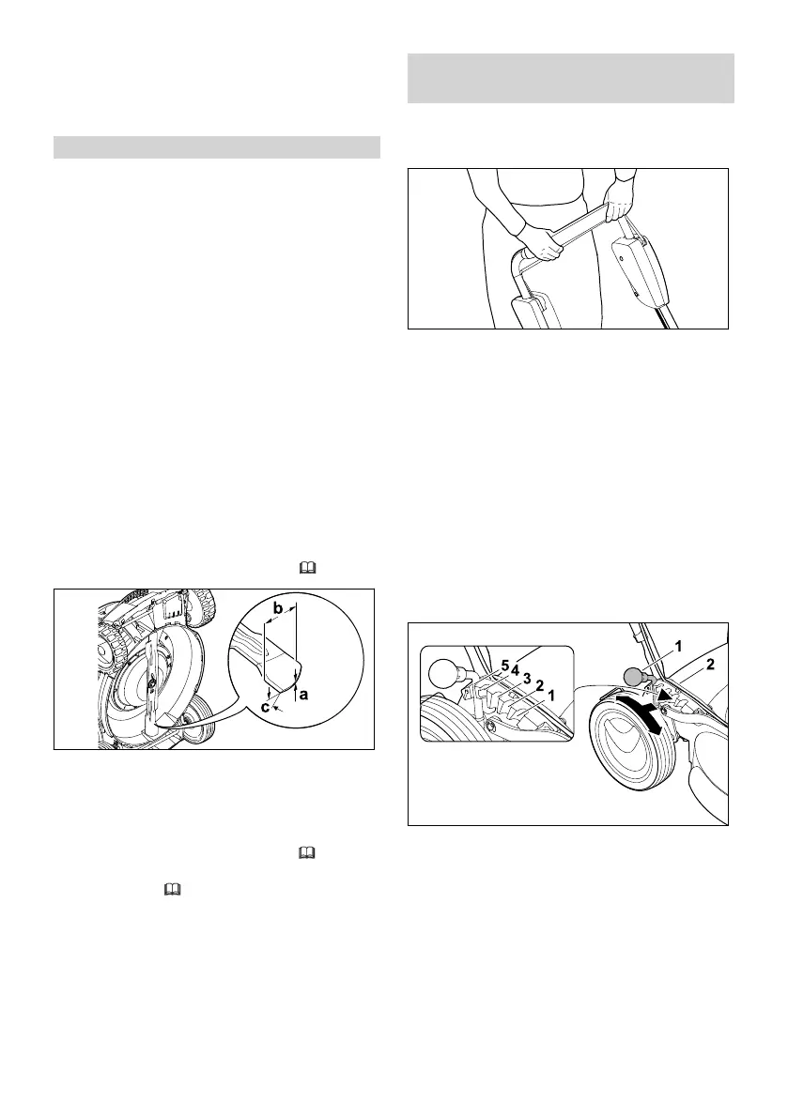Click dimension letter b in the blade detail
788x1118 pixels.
(x=278, y=608)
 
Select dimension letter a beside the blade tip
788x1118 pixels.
(x=304, y=696)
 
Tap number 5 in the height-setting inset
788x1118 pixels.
(x=504, y=666)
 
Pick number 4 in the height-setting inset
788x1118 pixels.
(x=516, y=670)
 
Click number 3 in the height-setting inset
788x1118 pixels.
(x=527, y=678)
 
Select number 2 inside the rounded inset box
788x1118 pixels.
(x=539, y=686)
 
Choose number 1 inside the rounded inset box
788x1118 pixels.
(x=551, y=696)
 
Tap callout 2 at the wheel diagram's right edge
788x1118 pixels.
(x=710, y=665)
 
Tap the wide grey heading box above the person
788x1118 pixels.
(x=570, y=78)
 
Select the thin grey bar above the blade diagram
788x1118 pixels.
(x=216, y=147)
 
